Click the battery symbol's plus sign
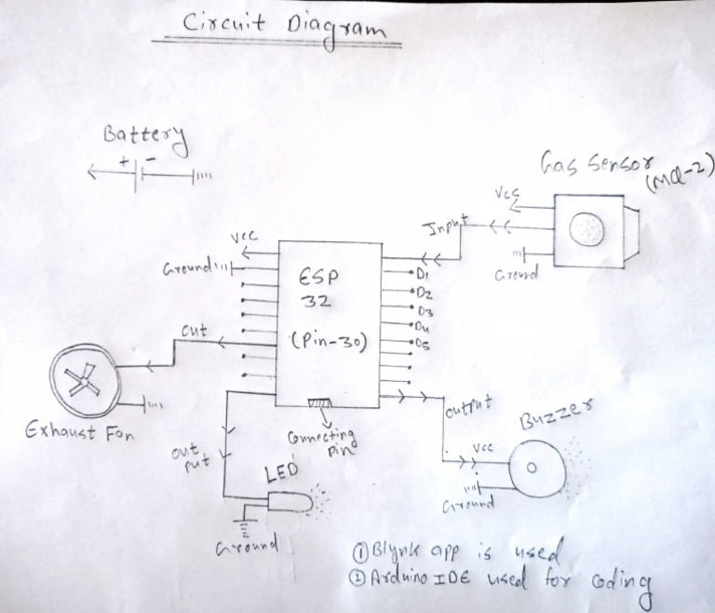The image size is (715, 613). pyautogui.click(x=124, y=161)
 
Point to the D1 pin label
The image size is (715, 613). pyautogui.click(x=422, y=276)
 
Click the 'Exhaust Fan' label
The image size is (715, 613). pyautogui.click(x=81, y=432)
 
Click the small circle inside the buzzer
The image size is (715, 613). pyautogui.click(x=533, y=469)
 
